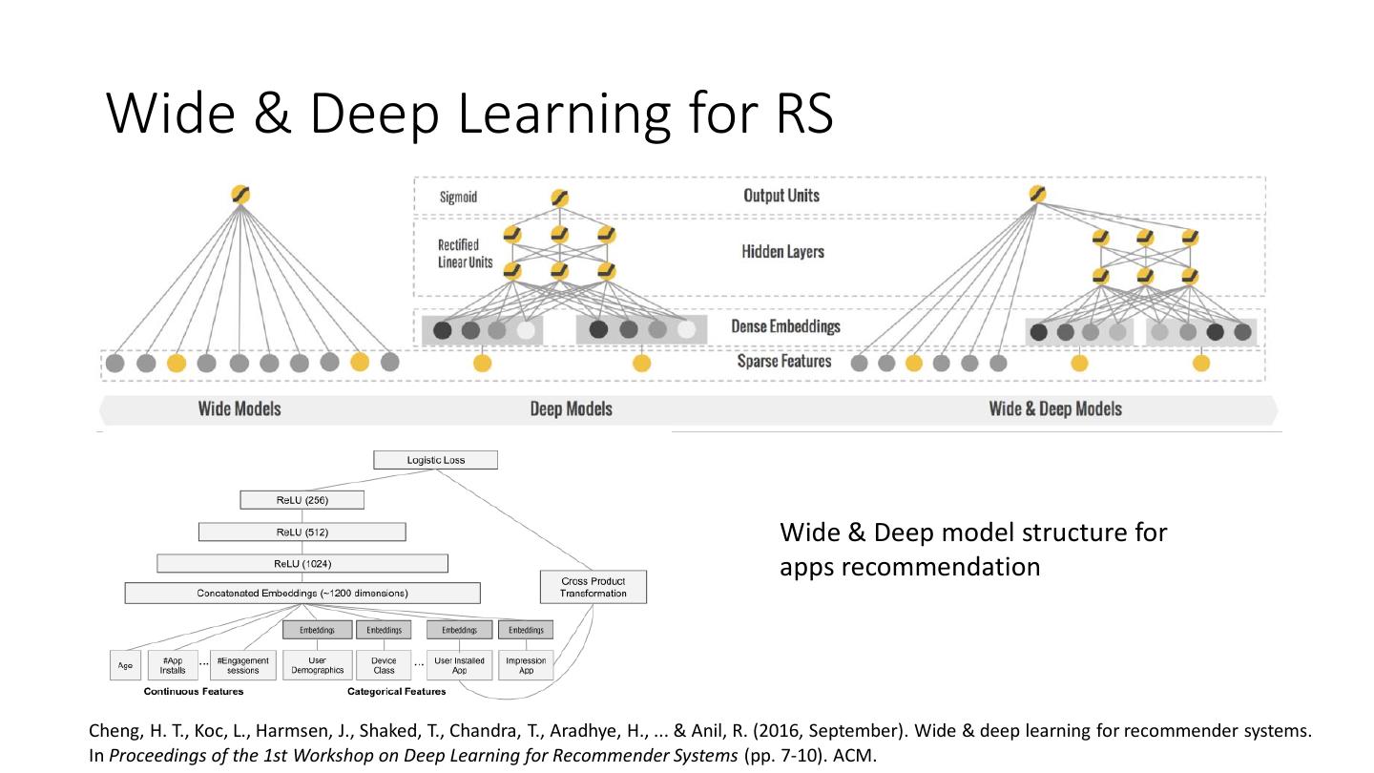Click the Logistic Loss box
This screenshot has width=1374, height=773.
pyautogui.click(x=435, y=460)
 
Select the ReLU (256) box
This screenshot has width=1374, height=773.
pyautogui.click(x=302, y=499)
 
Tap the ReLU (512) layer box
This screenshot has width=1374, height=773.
pyautogui.click(x=302, y=532)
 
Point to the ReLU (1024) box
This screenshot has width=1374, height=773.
pyautogui.click(x=302, y=563)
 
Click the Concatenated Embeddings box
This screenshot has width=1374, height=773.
pyautogui.click(x=302, y=593)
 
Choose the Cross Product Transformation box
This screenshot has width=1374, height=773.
pyautogui.click(x=593, y=587)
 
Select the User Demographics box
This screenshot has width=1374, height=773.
pyautogui.click(x=318, y=665)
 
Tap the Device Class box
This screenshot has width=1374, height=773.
pyautogui.click(x=383, y=665)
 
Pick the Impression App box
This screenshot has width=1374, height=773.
pyautogui.click(x=526, y=665)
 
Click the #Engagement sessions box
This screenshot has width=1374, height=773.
pyautogui.click(x=242, y=665)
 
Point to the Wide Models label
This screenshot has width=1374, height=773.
pyautogui.click(x=239, y=408)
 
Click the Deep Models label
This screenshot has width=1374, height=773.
pyautogui.click(x=571, y=409)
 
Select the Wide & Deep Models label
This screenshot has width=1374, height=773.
pyautogui.click(x=1055, y=409)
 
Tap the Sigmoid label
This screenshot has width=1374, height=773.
pyautogui.click(x=458, y=198)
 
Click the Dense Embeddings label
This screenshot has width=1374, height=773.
pyautogui.click(x=785, y=326)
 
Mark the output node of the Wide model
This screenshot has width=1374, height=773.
pyautogui.click(x=240, y=195)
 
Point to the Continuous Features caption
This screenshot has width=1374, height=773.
pyautogui.click(x=194, y=691)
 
